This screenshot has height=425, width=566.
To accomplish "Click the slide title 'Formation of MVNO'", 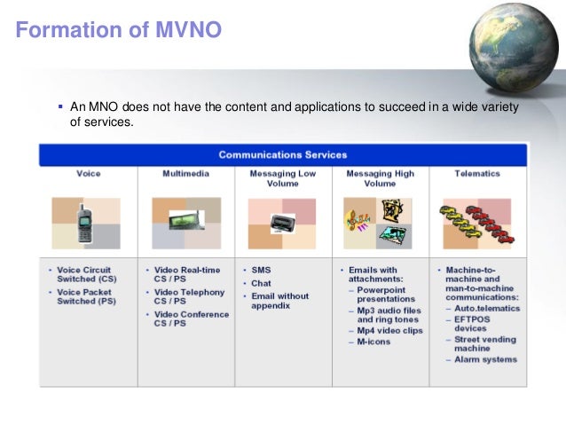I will [119, 30].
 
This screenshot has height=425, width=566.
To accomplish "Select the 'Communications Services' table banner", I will [283, 155].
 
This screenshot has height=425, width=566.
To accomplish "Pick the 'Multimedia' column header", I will [185, 174].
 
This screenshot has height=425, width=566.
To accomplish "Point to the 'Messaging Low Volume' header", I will [283, 178].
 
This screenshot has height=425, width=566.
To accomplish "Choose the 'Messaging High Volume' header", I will [380, 178].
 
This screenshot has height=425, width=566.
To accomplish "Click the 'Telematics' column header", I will [477, 174].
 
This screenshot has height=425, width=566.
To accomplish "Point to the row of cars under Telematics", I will [476, 224].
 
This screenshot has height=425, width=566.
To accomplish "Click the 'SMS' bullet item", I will [262, 270].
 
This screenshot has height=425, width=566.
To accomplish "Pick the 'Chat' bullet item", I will [263, 283].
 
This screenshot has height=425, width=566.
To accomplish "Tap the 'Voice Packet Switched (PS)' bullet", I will [88, 296].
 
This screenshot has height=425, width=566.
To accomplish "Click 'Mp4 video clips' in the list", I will [389, 330].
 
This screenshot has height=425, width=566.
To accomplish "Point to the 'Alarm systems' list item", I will [485, 359].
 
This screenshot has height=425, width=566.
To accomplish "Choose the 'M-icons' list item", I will [374, 342].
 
